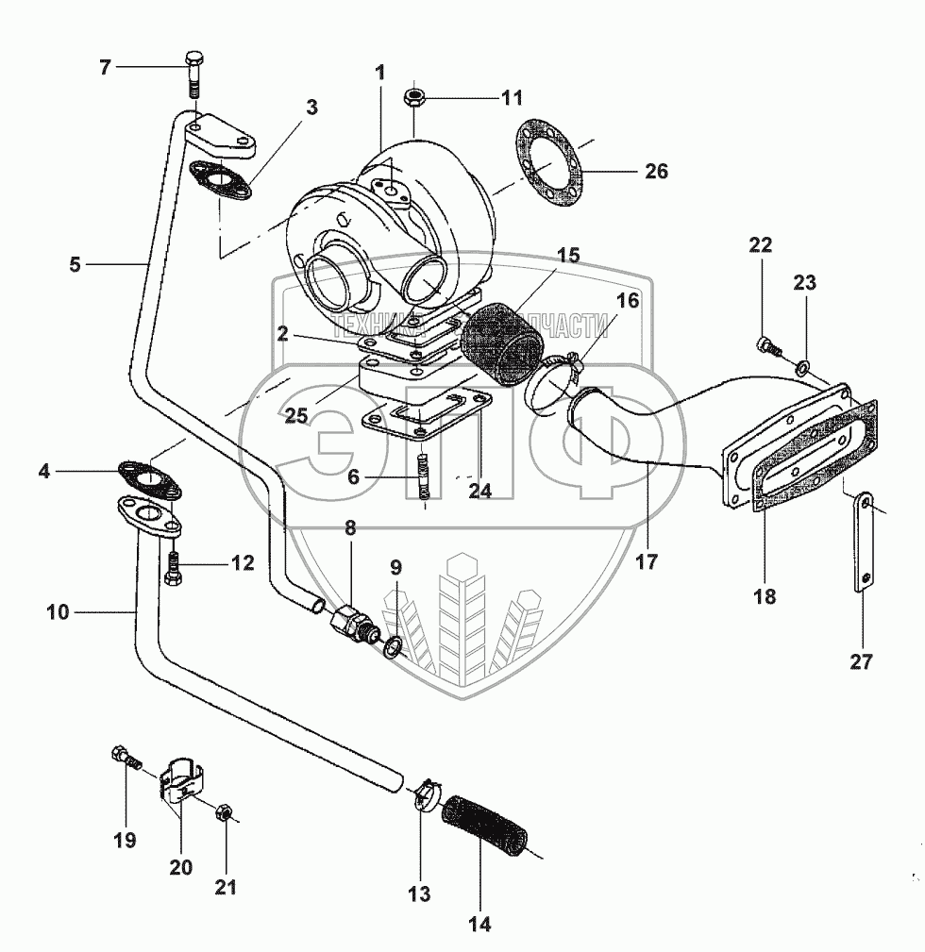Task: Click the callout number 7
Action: point(106,67)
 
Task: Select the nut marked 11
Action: point(413,97)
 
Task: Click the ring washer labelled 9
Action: point(394,645)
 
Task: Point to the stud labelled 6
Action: point(424,476)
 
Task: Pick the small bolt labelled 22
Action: point(767,346)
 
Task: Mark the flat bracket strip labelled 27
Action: point(865,543)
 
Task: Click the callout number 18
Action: point(765,595)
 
